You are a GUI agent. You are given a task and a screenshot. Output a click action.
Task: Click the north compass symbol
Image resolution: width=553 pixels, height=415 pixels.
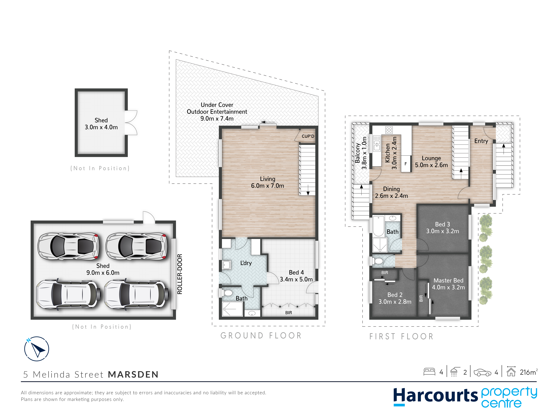(x=36, y=349)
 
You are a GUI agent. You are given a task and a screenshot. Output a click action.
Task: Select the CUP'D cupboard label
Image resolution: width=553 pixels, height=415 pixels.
(x=308, y=136)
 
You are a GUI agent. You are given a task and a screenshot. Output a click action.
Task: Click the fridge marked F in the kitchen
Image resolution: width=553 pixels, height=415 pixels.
(x=406, y=164)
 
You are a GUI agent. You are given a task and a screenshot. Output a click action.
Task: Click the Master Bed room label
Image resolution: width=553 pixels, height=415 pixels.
(x=448, y=280)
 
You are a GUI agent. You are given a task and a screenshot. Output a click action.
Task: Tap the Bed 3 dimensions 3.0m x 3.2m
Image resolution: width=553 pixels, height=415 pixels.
(x=443, y=231)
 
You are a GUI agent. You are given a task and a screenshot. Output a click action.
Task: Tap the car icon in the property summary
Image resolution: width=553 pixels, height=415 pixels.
(x=482, y=373)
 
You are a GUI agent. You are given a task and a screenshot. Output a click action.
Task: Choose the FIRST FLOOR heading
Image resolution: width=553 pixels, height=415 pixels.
(x=401, y=336)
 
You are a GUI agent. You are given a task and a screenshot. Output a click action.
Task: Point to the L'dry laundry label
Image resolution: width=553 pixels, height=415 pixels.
(x=246, y=263)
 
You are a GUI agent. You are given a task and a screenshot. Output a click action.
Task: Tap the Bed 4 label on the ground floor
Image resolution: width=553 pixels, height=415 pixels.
(x=296, y=272)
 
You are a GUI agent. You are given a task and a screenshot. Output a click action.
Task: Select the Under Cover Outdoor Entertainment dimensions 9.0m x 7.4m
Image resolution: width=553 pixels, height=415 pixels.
(x=217, y=119)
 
